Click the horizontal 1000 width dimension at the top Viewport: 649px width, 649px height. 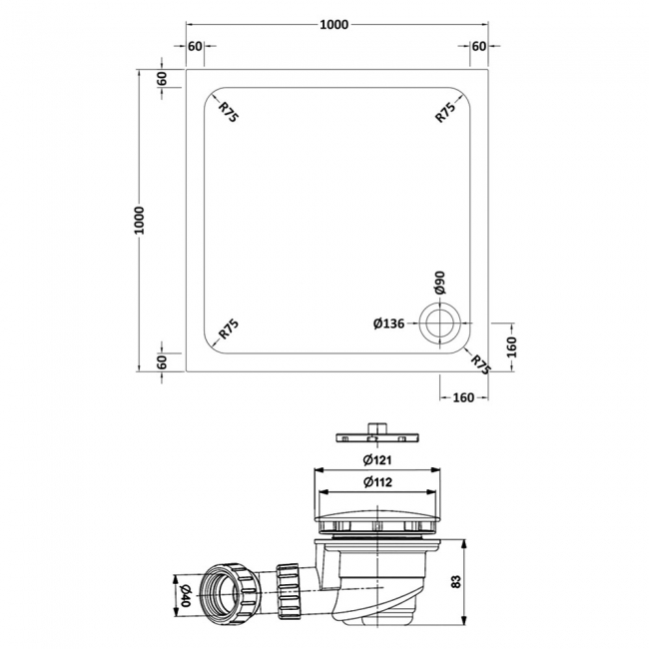(334, 25)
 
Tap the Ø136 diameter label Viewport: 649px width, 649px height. (389, 323)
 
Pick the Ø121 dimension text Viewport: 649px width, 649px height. (376, 459)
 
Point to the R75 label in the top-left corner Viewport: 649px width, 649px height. (229, 111)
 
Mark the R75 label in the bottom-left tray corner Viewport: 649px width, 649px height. (229, 330)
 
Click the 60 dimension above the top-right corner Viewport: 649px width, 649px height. (478, 47)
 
